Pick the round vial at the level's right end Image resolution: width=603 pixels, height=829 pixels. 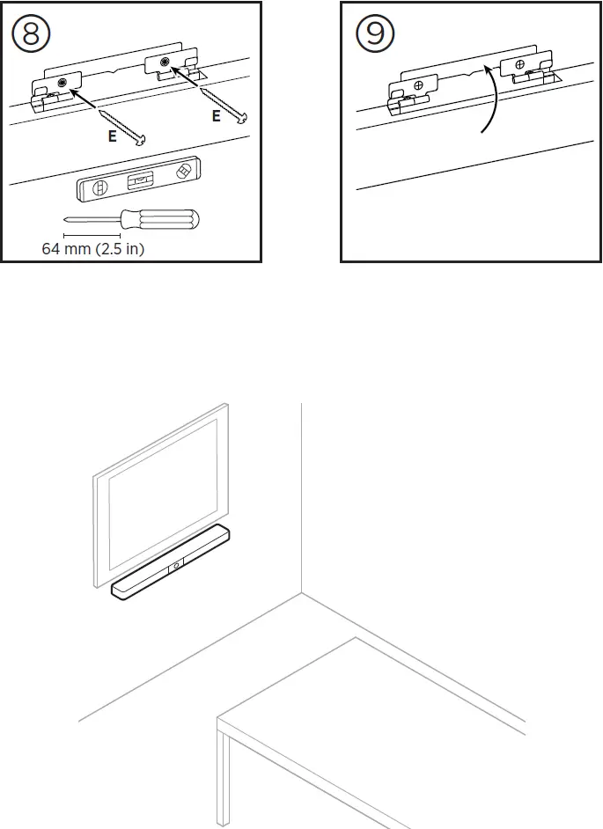point(184,170)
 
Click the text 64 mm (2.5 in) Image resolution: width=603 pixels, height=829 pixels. point(93,249)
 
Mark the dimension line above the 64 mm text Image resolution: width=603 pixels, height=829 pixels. point(92,235)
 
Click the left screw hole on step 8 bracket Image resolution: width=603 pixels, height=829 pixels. point(64,83)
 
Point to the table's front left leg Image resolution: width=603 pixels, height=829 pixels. point(225,779)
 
